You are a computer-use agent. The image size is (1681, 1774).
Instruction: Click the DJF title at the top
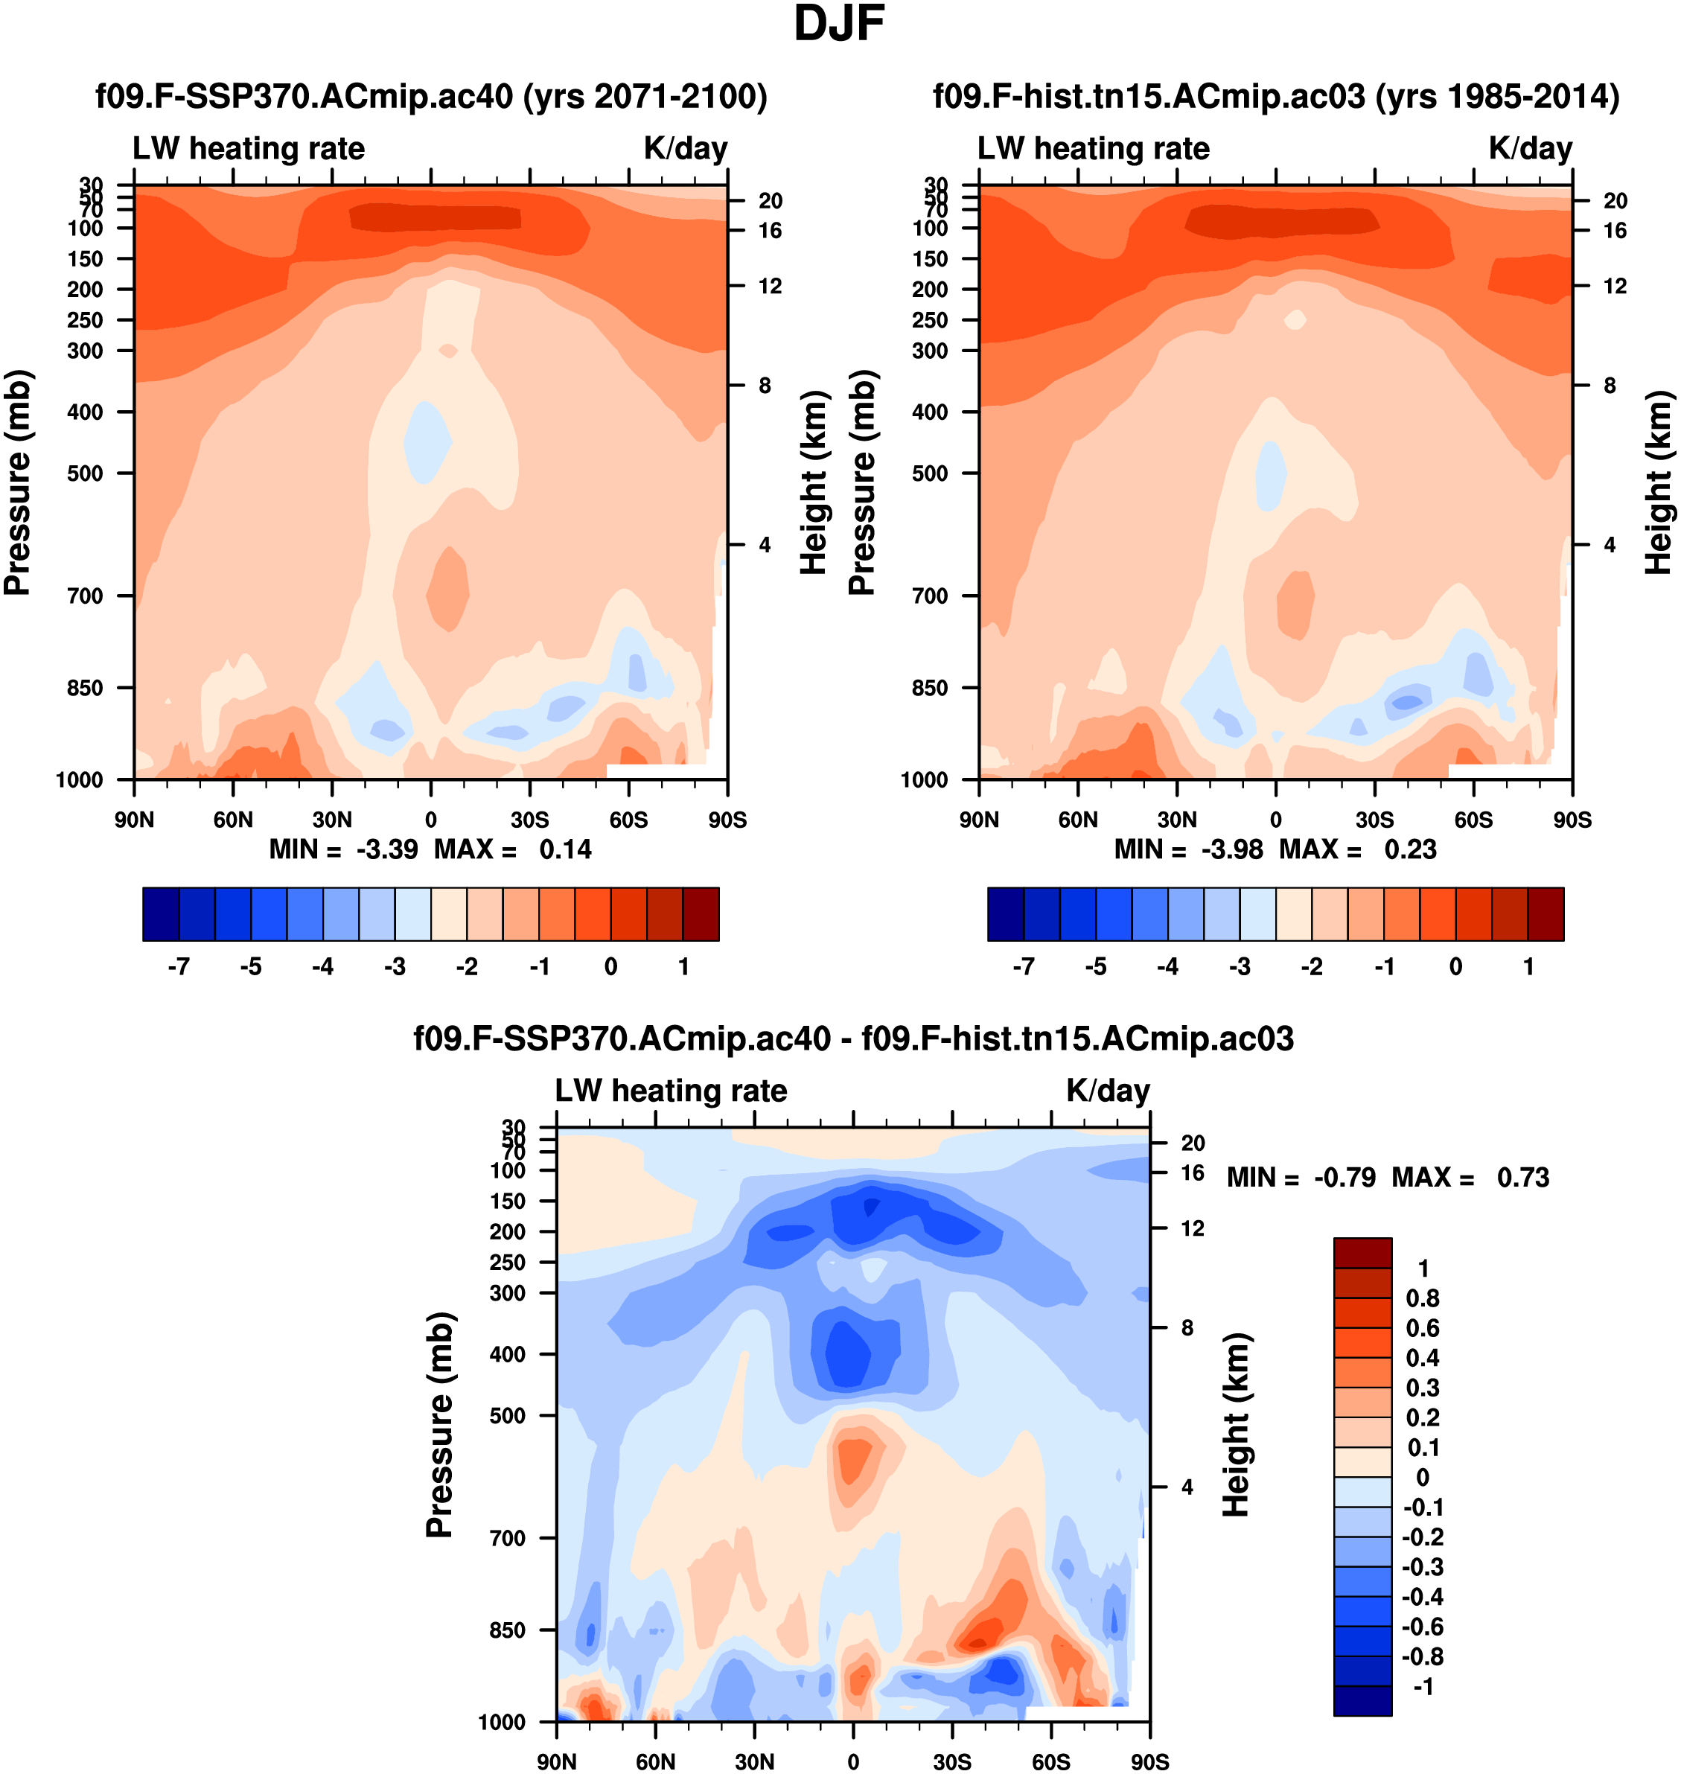(x=839, y=24)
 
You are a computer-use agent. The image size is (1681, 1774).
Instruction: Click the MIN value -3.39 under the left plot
(x=386, y=849)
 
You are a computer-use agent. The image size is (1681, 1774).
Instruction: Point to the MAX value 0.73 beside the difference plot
(x=1522, y=1177)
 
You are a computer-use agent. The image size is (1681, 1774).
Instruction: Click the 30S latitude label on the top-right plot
(x=1374, y=820)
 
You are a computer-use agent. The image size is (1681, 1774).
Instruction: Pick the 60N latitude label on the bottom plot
(x=655, y=1761)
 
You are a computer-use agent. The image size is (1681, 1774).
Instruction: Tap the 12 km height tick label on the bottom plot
(x=1192, y=1228)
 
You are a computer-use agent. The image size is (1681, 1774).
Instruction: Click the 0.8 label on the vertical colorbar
(x=1422, y=1298)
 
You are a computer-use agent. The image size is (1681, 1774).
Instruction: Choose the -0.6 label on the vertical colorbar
(x=1422, y=1626)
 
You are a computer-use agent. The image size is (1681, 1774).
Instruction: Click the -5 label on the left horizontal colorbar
(x=251, y=967)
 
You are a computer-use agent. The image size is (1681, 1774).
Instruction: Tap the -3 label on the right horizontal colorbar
(x=1240, y=967)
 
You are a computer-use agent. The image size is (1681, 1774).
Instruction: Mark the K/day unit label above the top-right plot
(x=1531, y=149)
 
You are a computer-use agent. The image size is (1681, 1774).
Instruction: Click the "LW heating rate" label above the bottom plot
(x=672, y=1091)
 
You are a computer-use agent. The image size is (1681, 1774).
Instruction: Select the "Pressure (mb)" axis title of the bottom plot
(x=439, y=1425)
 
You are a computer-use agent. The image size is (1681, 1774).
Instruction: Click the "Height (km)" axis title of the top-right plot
(x=1659, y=483)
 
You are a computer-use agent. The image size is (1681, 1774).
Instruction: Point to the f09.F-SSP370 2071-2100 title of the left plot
(x=431, y=96)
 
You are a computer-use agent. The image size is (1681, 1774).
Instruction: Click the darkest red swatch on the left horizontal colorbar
(x=701, y=914)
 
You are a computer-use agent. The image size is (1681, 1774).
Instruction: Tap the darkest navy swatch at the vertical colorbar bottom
(x=1362, y=1700)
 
